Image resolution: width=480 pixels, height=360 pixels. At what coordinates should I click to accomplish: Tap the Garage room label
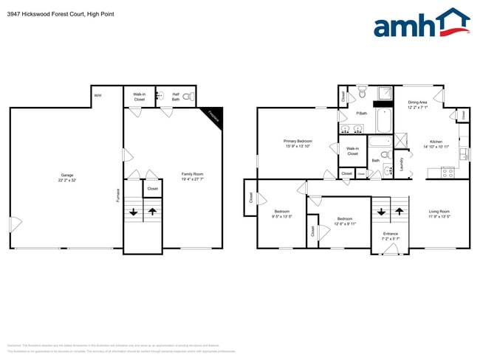pyautogui.click(x=66, y=178)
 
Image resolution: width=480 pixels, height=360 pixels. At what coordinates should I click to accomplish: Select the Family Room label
pyautogui.click(x=193, y=177)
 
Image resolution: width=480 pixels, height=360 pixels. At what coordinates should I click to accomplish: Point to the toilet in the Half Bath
pyautogui.click(x=188, y=97)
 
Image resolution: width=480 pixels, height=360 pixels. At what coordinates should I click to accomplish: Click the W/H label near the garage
pyautogui.click(x=97, y=95)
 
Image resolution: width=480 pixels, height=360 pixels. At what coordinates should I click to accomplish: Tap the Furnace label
pyautogui.click(x=117, y=195)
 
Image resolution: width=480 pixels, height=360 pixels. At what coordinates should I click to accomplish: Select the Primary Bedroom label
pyautogui.click(x=298, y=144)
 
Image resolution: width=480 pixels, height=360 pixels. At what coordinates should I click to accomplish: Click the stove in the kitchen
pyautogui.click(x=447, y=173)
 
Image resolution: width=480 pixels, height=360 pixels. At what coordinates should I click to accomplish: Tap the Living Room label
pyautogui.click(x=439, y=214)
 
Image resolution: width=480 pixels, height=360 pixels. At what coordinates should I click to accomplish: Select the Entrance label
pyautogui.click(x=390, y=236)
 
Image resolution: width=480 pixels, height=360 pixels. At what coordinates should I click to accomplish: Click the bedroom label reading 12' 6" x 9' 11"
pyautogui.click(x=345, y=221)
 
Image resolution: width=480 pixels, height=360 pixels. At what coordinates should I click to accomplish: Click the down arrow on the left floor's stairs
pyautogui.click(x=134, y=211)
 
